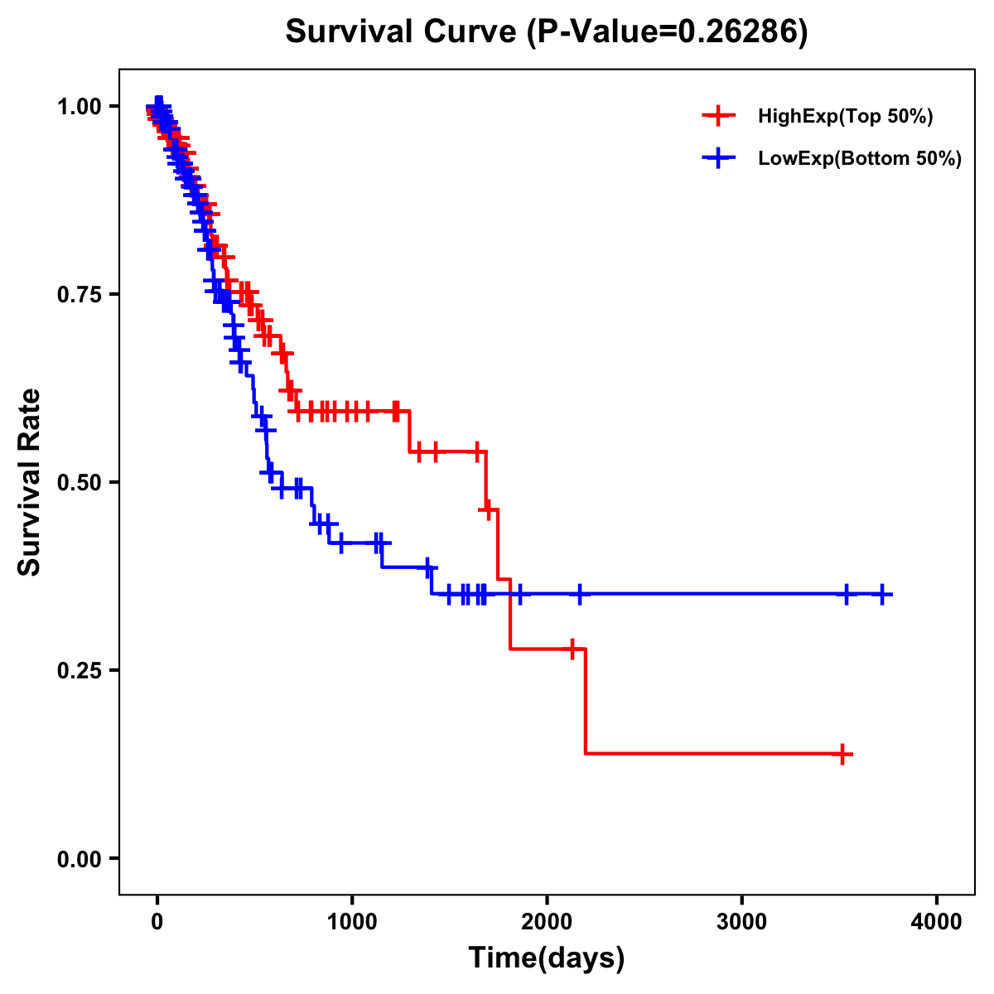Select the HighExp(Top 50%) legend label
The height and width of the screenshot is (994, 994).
pyautogui.click(x=845, y=117)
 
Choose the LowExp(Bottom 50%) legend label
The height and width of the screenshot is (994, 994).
pyautogui.click(x=859, y=158)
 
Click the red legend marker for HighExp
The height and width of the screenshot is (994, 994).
pyautogui.click(x=717, y=116)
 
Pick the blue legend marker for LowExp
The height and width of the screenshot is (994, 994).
pyautogui.click(x=717, y=158)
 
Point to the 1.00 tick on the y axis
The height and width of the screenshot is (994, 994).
pyautogui.click(x=79, y=106)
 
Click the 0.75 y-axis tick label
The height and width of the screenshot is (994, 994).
pyautogui.click(x=79, y=294)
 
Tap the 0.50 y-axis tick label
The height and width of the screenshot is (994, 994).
pyautogui.click(x=79, y=482)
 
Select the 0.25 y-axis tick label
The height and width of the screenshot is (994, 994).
pyautogui.click(x=79, y=670)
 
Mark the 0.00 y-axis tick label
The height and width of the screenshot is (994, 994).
pyautogui.click(x=79, y=858)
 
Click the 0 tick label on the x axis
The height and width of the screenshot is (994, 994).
pyautogui.click(x=157, y=922)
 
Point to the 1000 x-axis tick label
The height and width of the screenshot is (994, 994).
pyautogui.click(x=352, y=922)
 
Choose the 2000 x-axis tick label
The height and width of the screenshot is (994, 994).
pyautogui.click(x=547, y=922)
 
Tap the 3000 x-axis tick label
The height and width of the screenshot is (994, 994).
pyautogui.click(x=741, y=922)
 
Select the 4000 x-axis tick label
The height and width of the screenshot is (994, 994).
pyautogui.click(x=937, y=922)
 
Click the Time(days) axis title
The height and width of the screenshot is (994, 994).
pyautogui.click(x=547, y=958)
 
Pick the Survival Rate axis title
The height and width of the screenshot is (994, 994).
pyautogui.click(x=30, y=482)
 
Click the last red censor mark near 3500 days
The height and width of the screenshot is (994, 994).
pyautogui.click(x=842, y=755)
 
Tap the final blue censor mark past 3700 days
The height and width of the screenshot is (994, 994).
pyautogui.click(x=883, y=594)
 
